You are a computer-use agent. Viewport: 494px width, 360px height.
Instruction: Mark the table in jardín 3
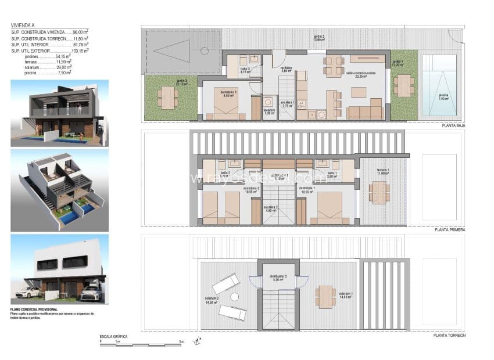[167, 98]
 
